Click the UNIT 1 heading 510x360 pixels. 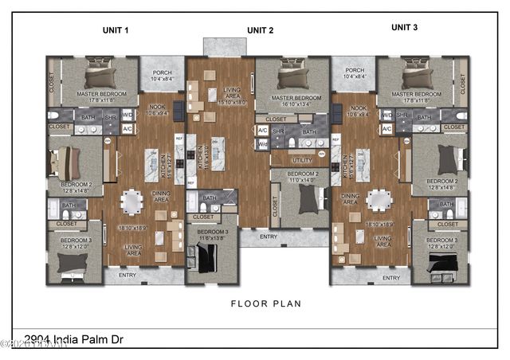[x=116, y=29]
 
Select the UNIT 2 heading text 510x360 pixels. [x=261, y=30]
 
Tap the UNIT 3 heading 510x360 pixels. [x=404, y=27]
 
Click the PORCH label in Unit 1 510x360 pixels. [x=162, y=70]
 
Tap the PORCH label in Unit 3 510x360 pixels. [x=355, y=70]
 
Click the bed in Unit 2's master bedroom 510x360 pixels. [x=288, y=78]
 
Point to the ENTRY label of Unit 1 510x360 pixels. [x=127, y=275]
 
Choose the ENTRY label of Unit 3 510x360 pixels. [x=390, y=278]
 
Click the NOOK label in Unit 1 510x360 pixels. [x=153, y=108]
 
